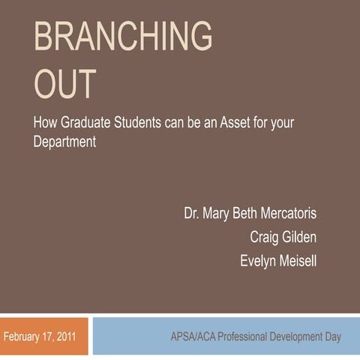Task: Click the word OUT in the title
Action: tap(65, 84)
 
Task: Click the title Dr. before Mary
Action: tap(192, 213)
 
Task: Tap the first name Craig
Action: tap(264, 237)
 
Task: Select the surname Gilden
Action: tap(300, 237)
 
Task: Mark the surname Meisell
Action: tap(298, 261)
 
